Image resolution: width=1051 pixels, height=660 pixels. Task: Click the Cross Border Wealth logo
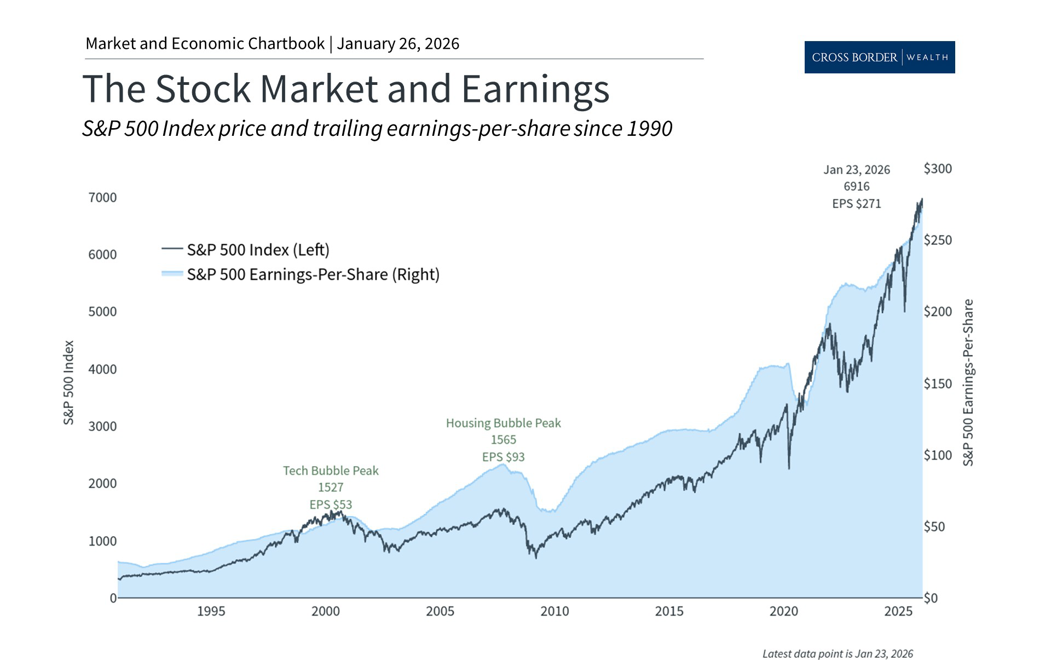point(879,57)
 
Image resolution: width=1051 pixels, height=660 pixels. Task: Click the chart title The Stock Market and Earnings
point(345,89)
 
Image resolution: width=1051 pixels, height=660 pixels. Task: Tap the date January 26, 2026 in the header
point(398,44)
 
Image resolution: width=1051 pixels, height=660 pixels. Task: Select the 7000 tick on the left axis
point(102,198)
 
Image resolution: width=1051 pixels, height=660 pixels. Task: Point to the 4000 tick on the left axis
point(102,369)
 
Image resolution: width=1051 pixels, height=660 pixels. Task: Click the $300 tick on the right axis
point(937,169)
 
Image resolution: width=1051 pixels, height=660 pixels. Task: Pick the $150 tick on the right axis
point(937,383)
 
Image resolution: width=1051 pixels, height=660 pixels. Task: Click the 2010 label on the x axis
point(555,611)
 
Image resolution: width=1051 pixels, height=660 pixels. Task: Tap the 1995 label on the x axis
point(211,611)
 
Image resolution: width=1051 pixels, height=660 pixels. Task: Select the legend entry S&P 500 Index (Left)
point(258,250)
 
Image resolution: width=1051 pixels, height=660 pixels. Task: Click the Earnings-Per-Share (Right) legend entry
point(313,274)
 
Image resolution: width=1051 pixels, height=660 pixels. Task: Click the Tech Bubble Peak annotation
point(331,471)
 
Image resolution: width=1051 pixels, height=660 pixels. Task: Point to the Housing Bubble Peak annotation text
point(503,423)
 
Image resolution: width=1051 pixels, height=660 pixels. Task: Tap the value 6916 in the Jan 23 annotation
point(856,187)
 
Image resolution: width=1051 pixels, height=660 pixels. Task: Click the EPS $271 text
point(856,204)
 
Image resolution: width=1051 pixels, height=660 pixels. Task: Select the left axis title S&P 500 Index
point(68,382)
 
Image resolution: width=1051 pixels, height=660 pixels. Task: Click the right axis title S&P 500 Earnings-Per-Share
point(968,382)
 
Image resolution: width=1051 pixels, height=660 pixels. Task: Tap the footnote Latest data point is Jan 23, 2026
point(838,653)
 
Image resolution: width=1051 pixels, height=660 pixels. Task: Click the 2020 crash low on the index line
point(789,468)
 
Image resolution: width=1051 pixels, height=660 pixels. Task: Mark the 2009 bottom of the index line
point(535,558)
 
